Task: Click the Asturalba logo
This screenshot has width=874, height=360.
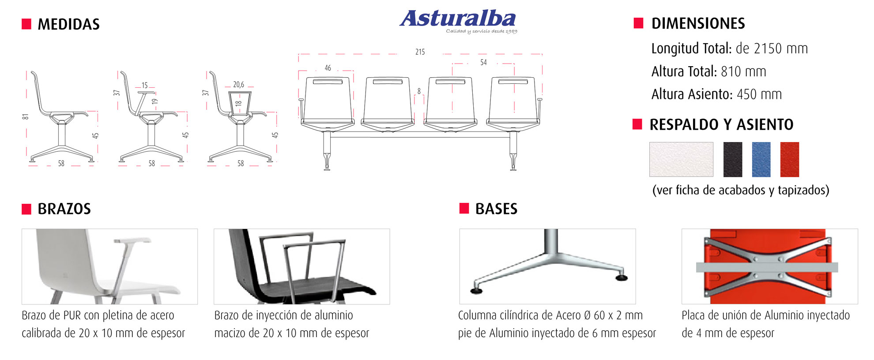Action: [x=458, y=21]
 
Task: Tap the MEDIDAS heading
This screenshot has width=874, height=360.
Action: [x=68, y=24]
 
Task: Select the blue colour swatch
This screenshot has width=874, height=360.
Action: [x=761, y=159]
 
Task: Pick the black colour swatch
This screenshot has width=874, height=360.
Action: [x=733, y=159]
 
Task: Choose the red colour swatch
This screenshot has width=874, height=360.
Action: [x=790, y=159]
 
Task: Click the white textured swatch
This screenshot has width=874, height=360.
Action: [x=681, y=159]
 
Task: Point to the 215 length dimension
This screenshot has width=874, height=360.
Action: [x=420, y=52]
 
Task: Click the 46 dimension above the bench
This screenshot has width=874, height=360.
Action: [x=328, y=68]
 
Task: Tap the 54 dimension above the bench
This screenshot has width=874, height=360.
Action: [x=483, y=63]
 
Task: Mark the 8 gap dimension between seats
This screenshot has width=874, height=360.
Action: [x=419, y=91]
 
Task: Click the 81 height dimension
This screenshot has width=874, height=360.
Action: [x=26, y=116]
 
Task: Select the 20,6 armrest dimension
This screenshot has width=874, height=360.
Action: [x=238, y=84]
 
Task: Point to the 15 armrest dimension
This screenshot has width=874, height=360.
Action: [x=144, y=85]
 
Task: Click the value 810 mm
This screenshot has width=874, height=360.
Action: [x=743, y=71]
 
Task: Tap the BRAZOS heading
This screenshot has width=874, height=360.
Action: [x=64, y=209]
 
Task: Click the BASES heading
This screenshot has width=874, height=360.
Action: [x=496, y=209]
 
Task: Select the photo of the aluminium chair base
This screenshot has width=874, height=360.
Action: [x=547, y=266]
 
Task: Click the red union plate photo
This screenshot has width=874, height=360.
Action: [x=770, y=266]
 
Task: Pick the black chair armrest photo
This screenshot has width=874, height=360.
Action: [x=302, y=266]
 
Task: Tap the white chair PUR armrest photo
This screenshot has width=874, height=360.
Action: [x=109, y=266]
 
